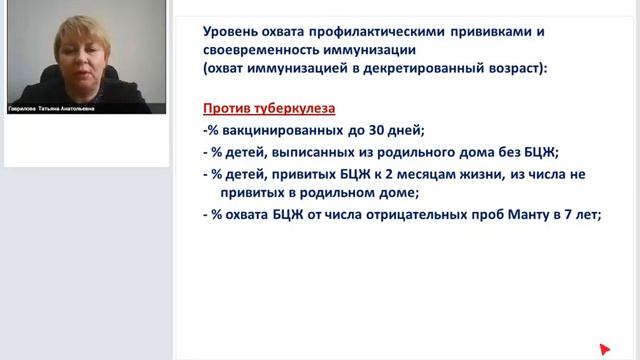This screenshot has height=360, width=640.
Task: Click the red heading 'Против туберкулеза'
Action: (268, 107)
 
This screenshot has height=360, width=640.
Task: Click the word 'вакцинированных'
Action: (280, 130)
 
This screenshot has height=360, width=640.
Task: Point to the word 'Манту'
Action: (530, 215)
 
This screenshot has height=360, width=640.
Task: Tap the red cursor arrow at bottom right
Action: (604, 348)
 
